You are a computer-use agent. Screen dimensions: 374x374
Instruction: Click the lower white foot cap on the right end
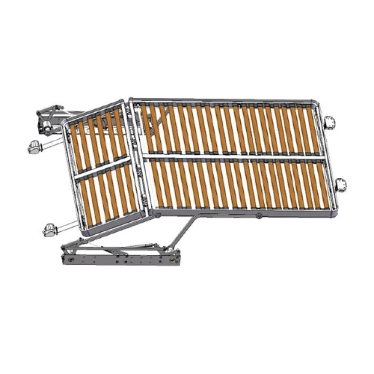click(x=340, y=183)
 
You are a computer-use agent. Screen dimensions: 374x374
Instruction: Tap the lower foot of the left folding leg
click(x=49, y=228)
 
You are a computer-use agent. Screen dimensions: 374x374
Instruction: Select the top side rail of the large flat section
click(x=224, y=100)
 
